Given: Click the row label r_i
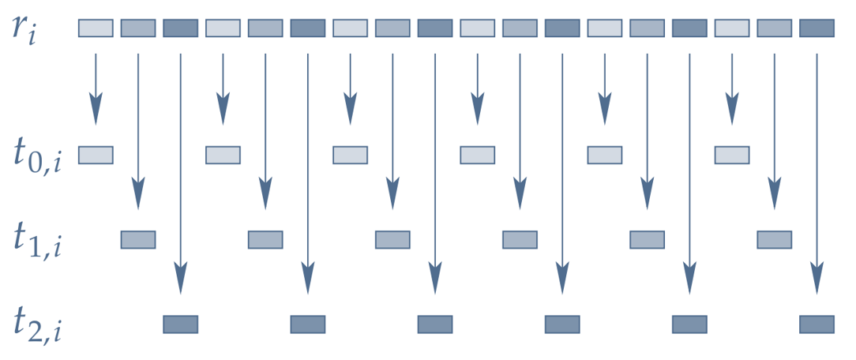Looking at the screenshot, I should pos(32,30).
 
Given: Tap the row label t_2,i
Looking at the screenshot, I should pos(38,324).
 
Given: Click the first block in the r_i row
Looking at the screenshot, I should pos(96,28).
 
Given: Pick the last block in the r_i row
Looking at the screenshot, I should pos(817,28).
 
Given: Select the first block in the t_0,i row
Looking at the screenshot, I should pos(96,155).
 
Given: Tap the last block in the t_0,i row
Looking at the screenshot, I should pos(732,155).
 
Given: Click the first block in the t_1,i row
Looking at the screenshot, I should pos(138,239).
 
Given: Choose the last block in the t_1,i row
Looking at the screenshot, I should pos(775,239).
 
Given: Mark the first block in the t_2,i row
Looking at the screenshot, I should pos(180,324).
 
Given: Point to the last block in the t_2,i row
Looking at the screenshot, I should pos(817,324).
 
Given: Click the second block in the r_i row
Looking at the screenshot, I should pos(138,28).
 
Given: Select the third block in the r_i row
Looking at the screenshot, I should pos(180,28).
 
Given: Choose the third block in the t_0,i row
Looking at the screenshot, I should pos(350,155).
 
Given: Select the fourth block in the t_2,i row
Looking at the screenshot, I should pos(562,324).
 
